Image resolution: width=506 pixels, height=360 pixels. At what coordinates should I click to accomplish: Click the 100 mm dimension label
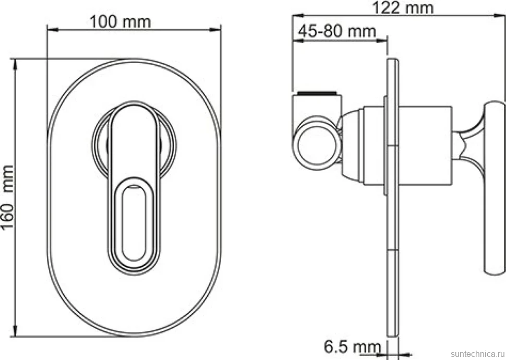[120, 22]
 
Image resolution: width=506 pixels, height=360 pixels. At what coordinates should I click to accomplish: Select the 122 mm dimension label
[403, 8]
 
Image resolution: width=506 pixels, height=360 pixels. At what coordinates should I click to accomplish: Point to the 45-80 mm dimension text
[337, 32]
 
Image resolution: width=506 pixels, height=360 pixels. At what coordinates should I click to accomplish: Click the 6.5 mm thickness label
[353, 347]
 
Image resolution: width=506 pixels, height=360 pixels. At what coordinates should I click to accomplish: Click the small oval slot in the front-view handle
[134, 223]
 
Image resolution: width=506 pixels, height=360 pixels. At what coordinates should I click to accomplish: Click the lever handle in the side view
[494, 188]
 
